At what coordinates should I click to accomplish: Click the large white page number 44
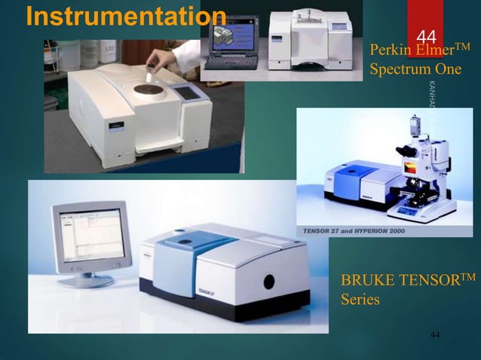click(426, 36)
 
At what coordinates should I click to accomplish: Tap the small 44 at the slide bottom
click(435, 333)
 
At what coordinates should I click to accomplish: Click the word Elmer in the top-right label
click(432, 51)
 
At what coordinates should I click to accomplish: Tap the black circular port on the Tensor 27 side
click(268, 281)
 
